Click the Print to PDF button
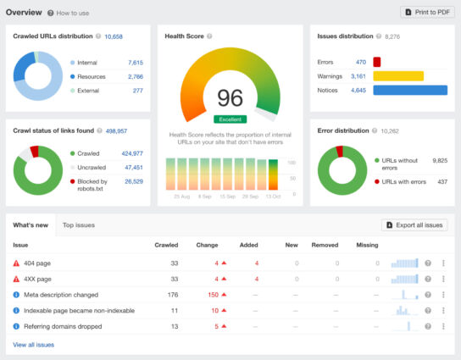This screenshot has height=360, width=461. tap(427, 13)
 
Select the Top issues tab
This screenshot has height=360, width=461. tap(79, 225)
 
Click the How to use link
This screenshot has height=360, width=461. tap(71, 14)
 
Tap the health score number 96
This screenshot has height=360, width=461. tap(230, 97)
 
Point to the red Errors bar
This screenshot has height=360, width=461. tap(376, 62)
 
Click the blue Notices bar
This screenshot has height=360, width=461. tap(409, 90)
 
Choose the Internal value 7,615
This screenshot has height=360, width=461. tap(135, 63)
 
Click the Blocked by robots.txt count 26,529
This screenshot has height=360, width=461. tap(133, 180)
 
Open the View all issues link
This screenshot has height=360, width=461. tap(34, 345)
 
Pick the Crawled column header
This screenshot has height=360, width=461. tap(166, 245)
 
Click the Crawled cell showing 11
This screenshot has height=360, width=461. tap(174, 310)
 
